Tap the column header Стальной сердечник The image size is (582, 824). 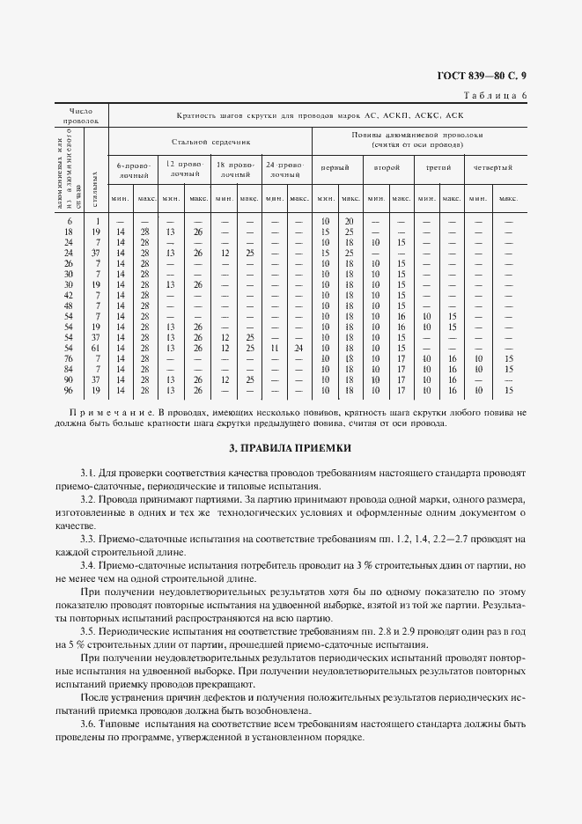click(210, 141)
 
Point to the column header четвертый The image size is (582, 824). click(491, 167)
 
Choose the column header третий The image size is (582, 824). click(438, 167)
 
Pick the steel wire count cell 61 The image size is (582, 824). click(97, 348)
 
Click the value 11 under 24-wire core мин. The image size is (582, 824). click(275, 348)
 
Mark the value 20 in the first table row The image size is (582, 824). click(349, 220)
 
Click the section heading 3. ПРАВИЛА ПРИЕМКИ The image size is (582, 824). click(291, 448)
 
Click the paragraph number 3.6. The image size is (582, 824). click(89, 723)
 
